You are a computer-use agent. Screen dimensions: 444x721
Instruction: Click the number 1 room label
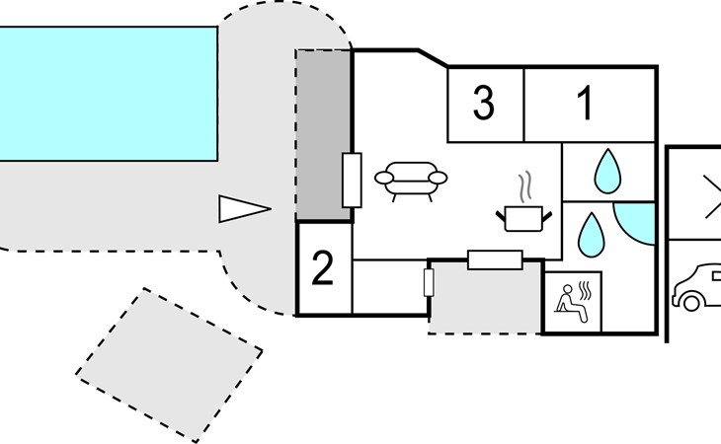(586, 103)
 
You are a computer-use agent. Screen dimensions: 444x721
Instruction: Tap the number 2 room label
(323, 268)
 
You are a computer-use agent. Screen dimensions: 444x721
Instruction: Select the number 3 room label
(483, 103)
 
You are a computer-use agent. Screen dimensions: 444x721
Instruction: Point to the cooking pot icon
(522, 216)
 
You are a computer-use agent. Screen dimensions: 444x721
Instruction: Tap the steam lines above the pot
(525, 185)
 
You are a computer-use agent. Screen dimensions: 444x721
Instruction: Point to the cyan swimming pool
(108, 93)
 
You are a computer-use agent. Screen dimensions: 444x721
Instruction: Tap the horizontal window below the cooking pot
(494, 259)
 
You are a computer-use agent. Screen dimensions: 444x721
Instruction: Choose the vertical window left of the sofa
(351, 181)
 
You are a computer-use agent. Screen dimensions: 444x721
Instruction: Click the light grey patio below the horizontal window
(484, 301)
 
